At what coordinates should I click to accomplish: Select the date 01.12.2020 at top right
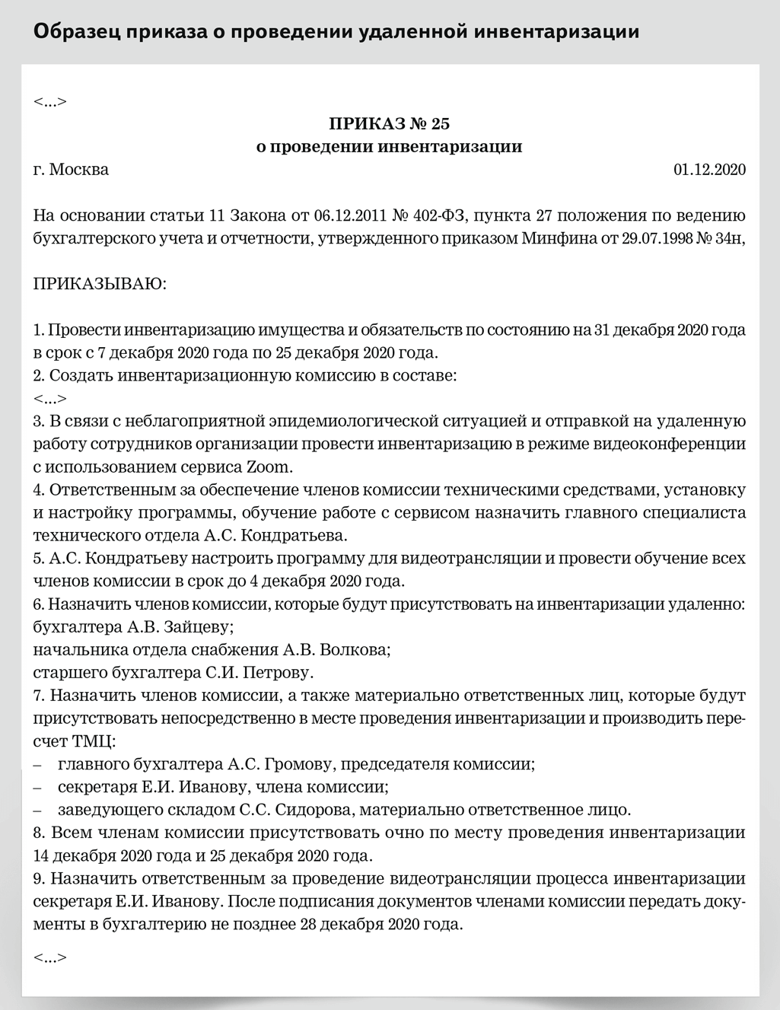coord(709,169)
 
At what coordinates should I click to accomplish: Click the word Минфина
coord(553,238)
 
